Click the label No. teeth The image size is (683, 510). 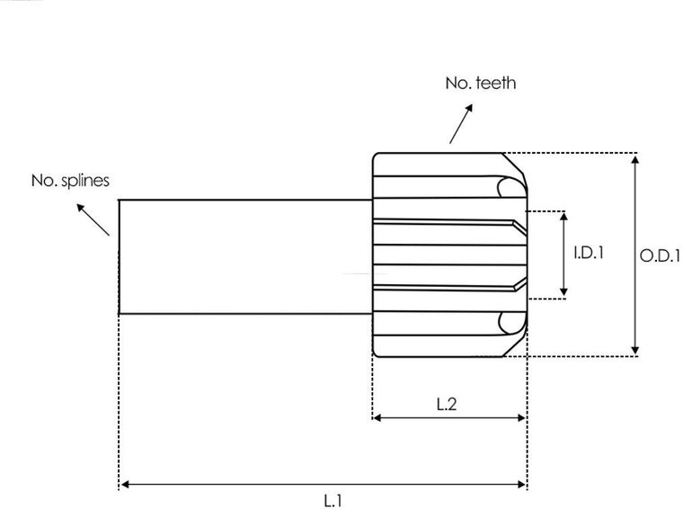[x=481, y=84]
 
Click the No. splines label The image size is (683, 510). [x=70, y=181]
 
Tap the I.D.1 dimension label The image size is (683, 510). [x=588, y=254]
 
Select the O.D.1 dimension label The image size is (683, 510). [x=659, y=255]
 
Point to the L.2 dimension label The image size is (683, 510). [x=448, y=405]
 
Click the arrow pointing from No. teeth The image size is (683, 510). [x=461, y=126]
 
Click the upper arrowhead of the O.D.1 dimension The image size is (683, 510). [x=635, y=159]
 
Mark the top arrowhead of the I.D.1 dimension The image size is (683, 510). [x=564, y=217]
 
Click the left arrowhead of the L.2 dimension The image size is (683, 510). [x=377, y=417]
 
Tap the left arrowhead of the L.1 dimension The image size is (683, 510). [x=125, y=485]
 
